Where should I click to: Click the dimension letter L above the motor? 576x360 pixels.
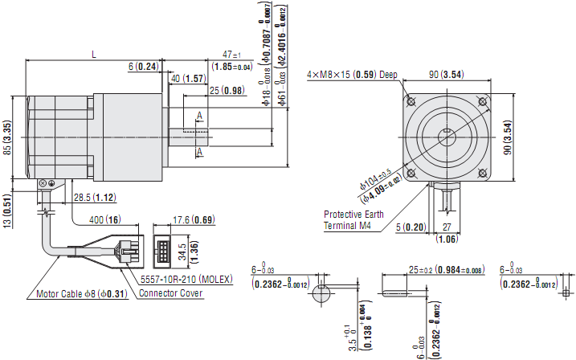click(94, 55)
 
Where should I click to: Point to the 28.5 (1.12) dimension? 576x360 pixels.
click(93, 197)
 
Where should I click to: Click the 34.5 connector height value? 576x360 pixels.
click(182, 251)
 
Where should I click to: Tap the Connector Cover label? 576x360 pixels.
click(171, 293)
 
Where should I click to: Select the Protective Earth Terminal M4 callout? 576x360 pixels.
click(353, 220)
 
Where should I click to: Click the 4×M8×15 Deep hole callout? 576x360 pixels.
click(352, 75)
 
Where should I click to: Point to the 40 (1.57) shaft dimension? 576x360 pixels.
click(188, 78)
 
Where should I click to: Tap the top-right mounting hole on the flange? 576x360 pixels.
click(483, 101)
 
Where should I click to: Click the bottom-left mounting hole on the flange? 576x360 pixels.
click(411, 173)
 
